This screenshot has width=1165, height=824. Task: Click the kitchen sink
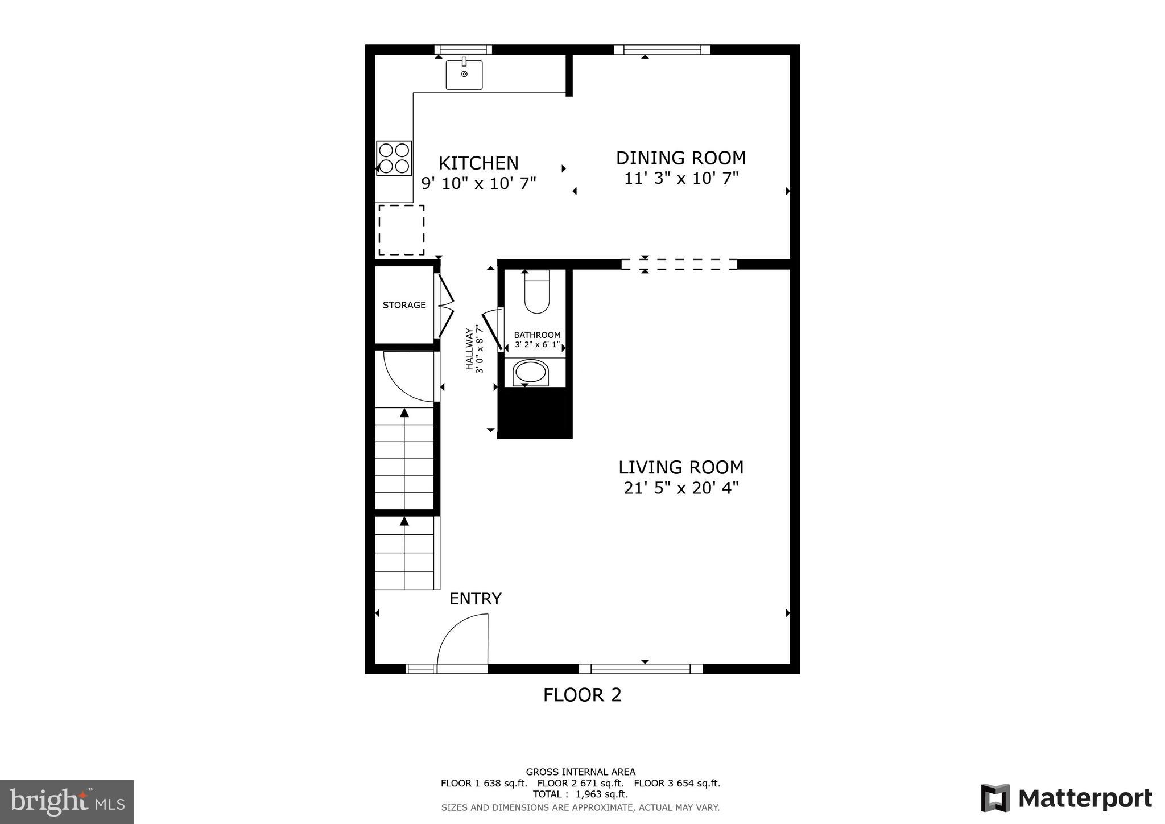tap(464, 75)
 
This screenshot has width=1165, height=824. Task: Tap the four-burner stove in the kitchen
tap(394, 158)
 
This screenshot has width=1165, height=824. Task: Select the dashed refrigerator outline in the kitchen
tap(401, 230)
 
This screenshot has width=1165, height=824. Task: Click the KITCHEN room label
tap(478, 163)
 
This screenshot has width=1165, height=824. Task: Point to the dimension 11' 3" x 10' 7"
tap(681, 179)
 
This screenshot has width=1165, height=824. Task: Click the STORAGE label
tap(404, 305)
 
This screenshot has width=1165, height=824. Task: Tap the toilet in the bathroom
tap(536, 291)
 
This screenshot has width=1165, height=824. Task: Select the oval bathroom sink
tap(530, 373)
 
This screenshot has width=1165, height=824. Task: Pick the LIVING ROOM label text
tap(681, 467)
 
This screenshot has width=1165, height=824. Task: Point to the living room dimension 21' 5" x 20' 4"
tap(681, 488)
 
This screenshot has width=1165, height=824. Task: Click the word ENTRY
tap(476, 599)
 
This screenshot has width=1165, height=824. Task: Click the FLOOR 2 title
tap(582, 695)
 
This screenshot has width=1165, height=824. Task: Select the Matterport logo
tap(1066, 798)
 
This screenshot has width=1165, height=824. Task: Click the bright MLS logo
tap(67, 802)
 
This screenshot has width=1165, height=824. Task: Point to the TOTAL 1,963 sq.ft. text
tap(580, 794)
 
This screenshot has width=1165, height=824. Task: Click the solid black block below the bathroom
tap(535, 413)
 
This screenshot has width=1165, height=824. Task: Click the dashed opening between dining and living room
tap(679, 264)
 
